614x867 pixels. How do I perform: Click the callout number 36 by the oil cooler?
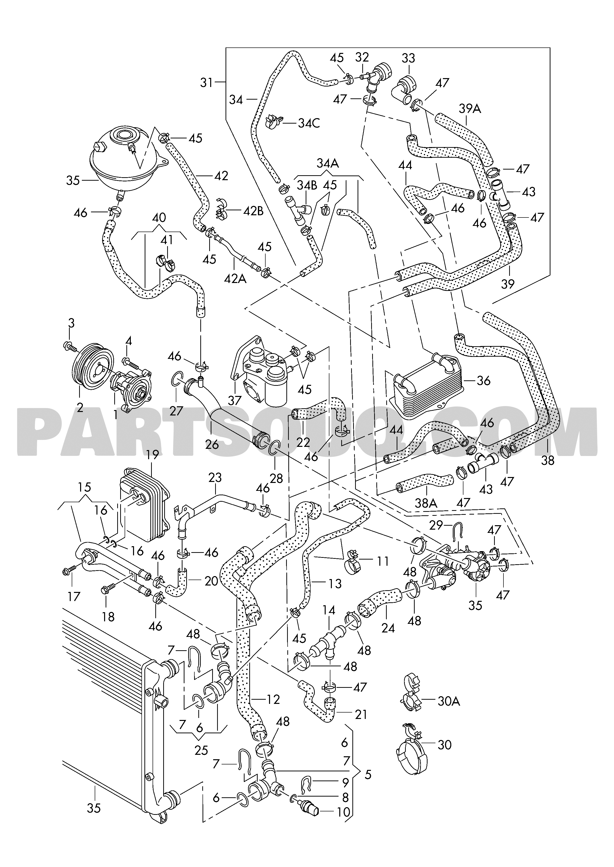(484, 380)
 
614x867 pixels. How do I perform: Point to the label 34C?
(309, 123)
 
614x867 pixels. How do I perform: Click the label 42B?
(253, 211)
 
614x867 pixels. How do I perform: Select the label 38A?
(426, 503)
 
